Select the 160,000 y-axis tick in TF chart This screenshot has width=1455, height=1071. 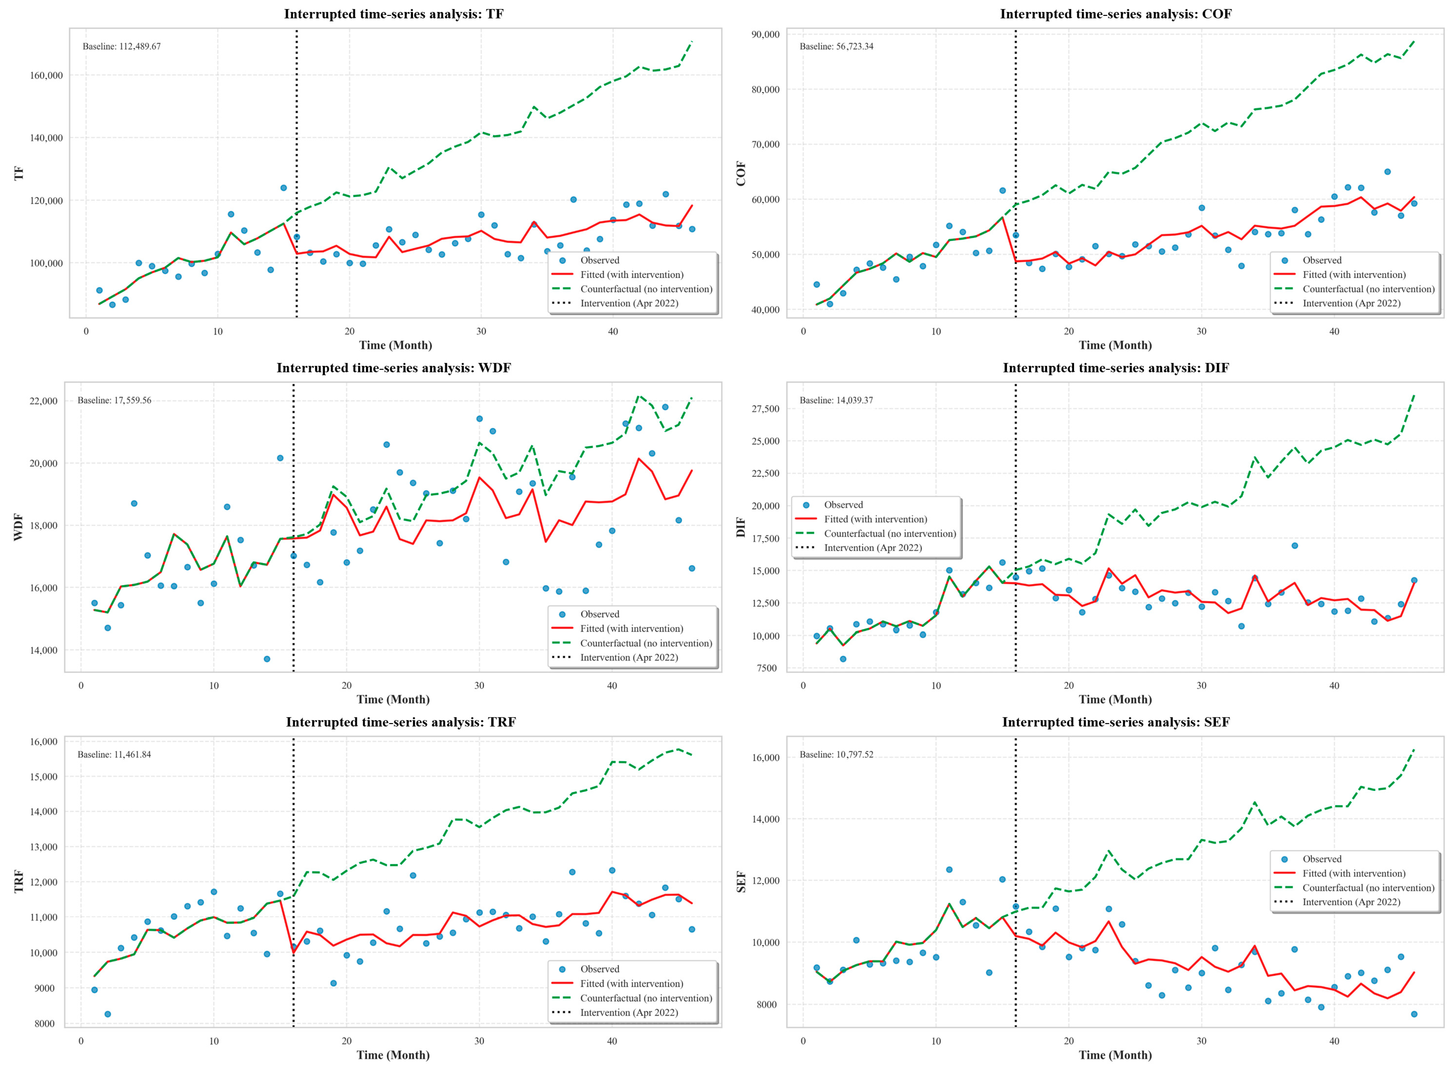click(46, 75)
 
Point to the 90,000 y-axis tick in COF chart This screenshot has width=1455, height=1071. click(765, 34)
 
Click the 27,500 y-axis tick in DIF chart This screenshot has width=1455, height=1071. click(765, 409)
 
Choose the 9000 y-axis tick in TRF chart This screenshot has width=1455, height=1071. click(46, 988)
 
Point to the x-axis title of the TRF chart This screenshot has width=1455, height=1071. click(393, 1055)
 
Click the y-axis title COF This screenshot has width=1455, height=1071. click(741, 174)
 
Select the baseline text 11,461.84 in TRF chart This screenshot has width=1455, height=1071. click(114, 755)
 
